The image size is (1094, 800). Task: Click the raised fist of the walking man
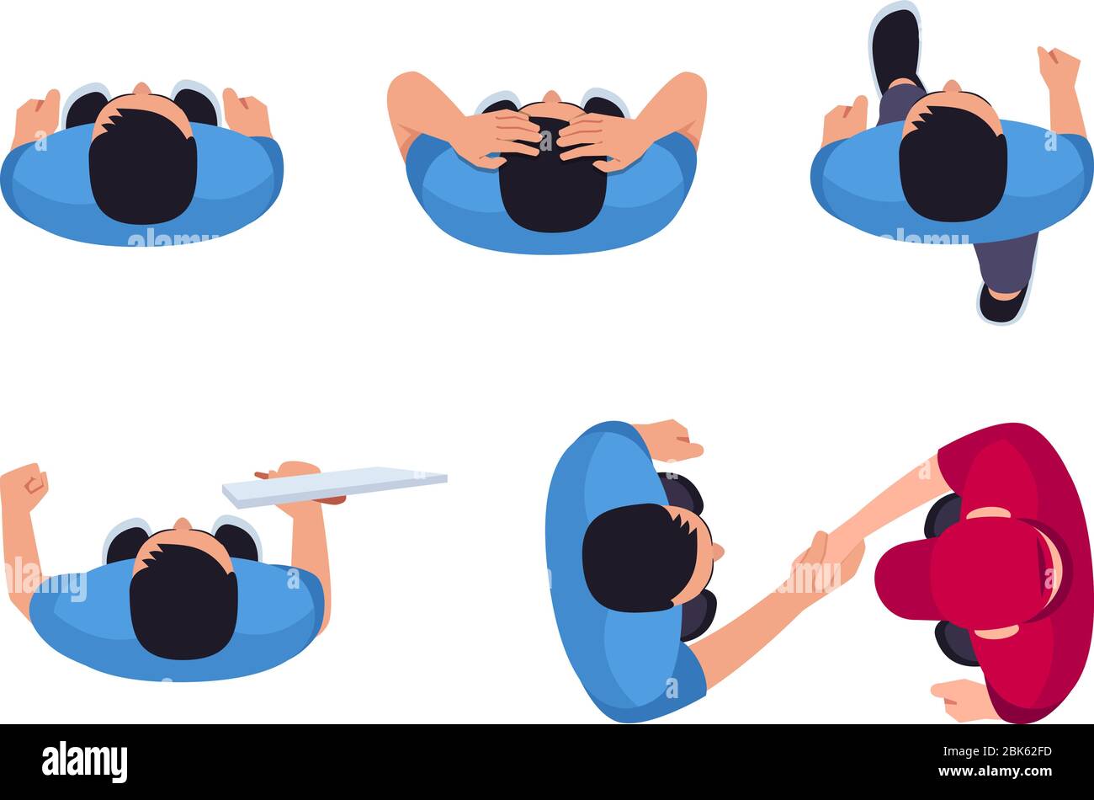[x=1058, y=67]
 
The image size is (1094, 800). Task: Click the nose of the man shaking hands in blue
[x=718, y=552]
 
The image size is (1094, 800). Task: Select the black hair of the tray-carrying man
[x=183, y=600]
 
